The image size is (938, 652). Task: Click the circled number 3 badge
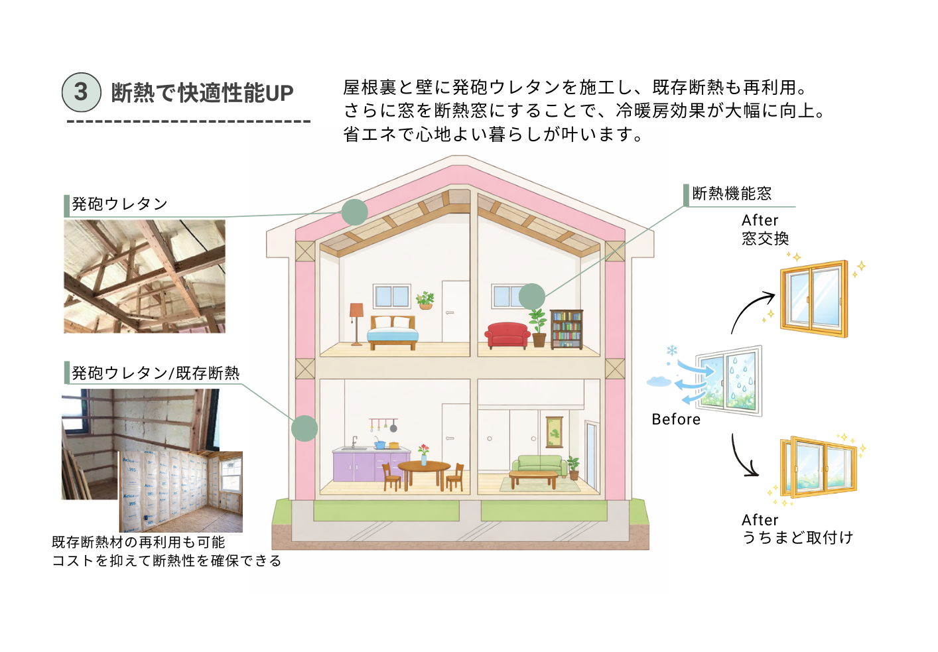click(x=82, y=92)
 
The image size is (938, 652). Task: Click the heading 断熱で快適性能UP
click(x=202, y=93)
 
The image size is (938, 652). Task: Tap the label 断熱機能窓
click(x=732, y=194)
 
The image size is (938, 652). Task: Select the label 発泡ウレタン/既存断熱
click(x=155, y=373)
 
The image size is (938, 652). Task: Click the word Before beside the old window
click(x=676, y=419)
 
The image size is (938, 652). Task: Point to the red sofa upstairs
click(x=507, y=334)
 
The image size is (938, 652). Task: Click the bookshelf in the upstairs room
click(x=567, y=329)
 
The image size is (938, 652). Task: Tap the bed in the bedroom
click(x=393, y=332)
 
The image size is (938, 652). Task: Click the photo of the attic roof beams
click(x=145, y=276)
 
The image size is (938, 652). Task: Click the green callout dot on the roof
click(x=355, y=212)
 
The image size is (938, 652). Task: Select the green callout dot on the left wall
click(x=304, y=428)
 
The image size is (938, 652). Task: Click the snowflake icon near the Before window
click(x=671, y=350)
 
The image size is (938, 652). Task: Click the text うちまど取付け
click(x=797, y=537)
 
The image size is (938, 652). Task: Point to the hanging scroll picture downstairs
click(x=554, y=432)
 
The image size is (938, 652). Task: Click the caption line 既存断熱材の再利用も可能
click(x=139, y=543)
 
